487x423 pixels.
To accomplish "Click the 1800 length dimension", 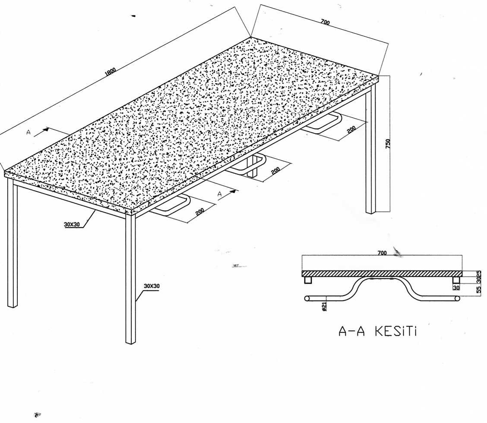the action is pos(111,71).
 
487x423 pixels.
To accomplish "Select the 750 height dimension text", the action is pos(388,144).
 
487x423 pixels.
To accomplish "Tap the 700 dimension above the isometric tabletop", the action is pos(325,22).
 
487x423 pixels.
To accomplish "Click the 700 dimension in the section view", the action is pos(382,253).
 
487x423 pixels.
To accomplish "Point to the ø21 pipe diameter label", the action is pos(324,306).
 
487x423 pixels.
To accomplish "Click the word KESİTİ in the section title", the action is pos(395,331).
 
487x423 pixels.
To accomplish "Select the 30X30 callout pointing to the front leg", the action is pos(152,285).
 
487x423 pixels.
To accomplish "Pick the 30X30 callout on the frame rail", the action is pos(72,224).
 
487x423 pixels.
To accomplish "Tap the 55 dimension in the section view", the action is pos(479,290).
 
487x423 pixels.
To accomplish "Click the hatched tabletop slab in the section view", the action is pos(382,273).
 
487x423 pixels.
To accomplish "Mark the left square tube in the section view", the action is pos(308,280).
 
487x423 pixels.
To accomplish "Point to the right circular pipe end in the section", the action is pos(457,299).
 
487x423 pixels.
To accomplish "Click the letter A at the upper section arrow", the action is pos(28,132).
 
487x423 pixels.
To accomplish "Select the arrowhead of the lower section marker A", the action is pos(233,191).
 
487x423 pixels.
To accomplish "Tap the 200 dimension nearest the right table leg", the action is pos(351,129).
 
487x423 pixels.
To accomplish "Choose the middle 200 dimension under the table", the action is pos(275,171).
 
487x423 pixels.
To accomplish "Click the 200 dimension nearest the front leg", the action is pos(200,211).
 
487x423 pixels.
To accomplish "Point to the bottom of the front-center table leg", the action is pos(130,342).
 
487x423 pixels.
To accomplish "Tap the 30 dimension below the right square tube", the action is pos(456,288).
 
